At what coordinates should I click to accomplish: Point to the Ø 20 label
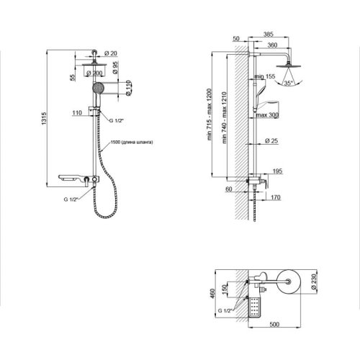pos(112,53)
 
